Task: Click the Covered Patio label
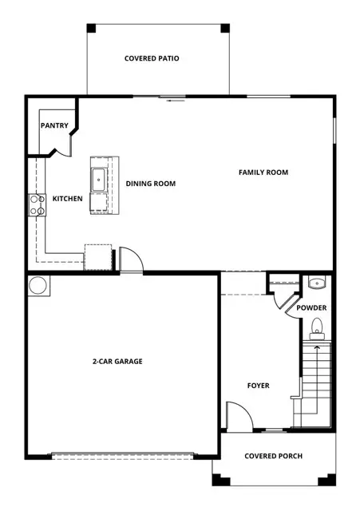[152, 58]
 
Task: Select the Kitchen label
[67, 198]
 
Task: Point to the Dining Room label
[151, 184]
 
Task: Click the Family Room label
[263, 172]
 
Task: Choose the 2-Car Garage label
[117, 362]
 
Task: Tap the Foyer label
[258, 386]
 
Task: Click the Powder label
[311, 307]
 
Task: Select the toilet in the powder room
[317, 325]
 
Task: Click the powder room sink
[315, 283]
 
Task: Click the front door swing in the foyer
[237, 416]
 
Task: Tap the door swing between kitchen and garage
[130, 260]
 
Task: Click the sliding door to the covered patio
[174, 99]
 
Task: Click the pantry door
[60, 149]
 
